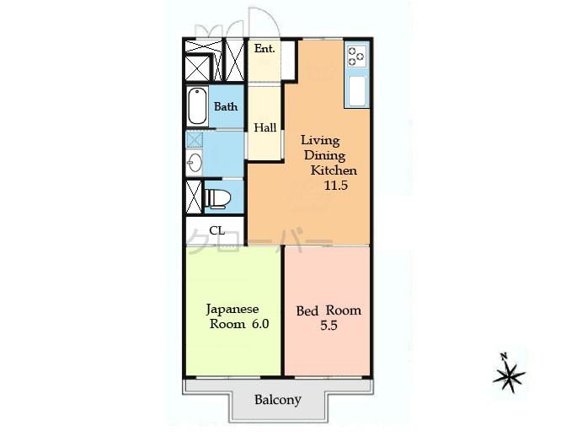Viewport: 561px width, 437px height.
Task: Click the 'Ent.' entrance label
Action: [x=264, y=49]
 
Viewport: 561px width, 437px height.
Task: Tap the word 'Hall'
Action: [x=265, y=127]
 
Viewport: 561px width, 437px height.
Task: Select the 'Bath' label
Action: [x=226, y=107]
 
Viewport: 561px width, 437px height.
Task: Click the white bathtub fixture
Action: [x=197, y=106]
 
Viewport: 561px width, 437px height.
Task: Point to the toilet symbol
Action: [x=216, y=198]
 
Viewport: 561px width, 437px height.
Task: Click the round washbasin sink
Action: [x=195, y=163]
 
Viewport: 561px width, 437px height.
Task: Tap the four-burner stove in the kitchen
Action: [x=355, y=57]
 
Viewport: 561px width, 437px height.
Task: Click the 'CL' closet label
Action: [x=216, y=230]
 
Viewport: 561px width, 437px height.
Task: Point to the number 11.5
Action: [x=337, y=186]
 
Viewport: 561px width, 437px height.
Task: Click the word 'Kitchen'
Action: [x=334, y=170]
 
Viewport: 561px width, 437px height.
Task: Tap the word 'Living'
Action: [x=319, y=141]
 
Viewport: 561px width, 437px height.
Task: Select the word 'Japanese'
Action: [x=232, y=309]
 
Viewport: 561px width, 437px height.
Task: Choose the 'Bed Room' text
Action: [x=329, y=310]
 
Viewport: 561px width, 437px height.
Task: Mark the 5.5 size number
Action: [x=329, y=326]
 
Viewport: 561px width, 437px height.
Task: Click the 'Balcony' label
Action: [x=278, y=400]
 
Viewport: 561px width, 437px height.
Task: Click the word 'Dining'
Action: [x=323, y=156]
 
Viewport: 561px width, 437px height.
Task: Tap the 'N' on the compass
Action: [x=503, y=356]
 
